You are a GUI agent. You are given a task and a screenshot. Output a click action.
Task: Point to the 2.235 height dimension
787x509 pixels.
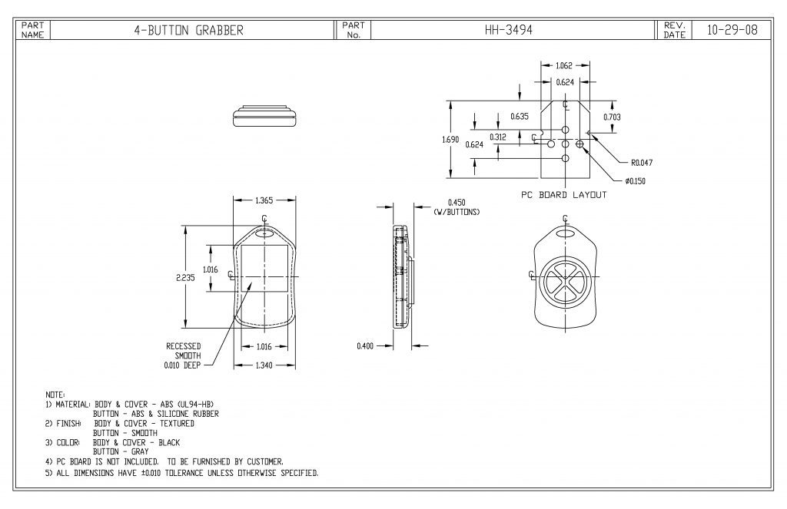[x=185, y=278]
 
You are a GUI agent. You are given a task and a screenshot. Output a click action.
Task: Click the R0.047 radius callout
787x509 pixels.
[x=642, y=163]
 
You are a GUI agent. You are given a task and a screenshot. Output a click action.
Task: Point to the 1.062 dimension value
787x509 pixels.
[x=565, y=66]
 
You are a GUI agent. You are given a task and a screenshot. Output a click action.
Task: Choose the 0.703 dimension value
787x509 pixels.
[x=613, y=117]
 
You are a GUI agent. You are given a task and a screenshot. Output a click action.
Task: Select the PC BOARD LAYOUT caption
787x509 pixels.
[x=563, y=195]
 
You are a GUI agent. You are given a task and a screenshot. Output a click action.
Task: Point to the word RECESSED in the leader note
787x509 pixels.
[x=184, y=346]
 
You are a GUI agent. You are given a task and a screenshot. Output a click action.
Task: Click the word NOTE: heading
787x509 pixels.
[x=56, y=394]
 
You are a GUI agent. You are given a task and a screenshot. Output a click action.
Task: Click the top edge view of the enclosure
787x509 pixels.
[x=265, y=115]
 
